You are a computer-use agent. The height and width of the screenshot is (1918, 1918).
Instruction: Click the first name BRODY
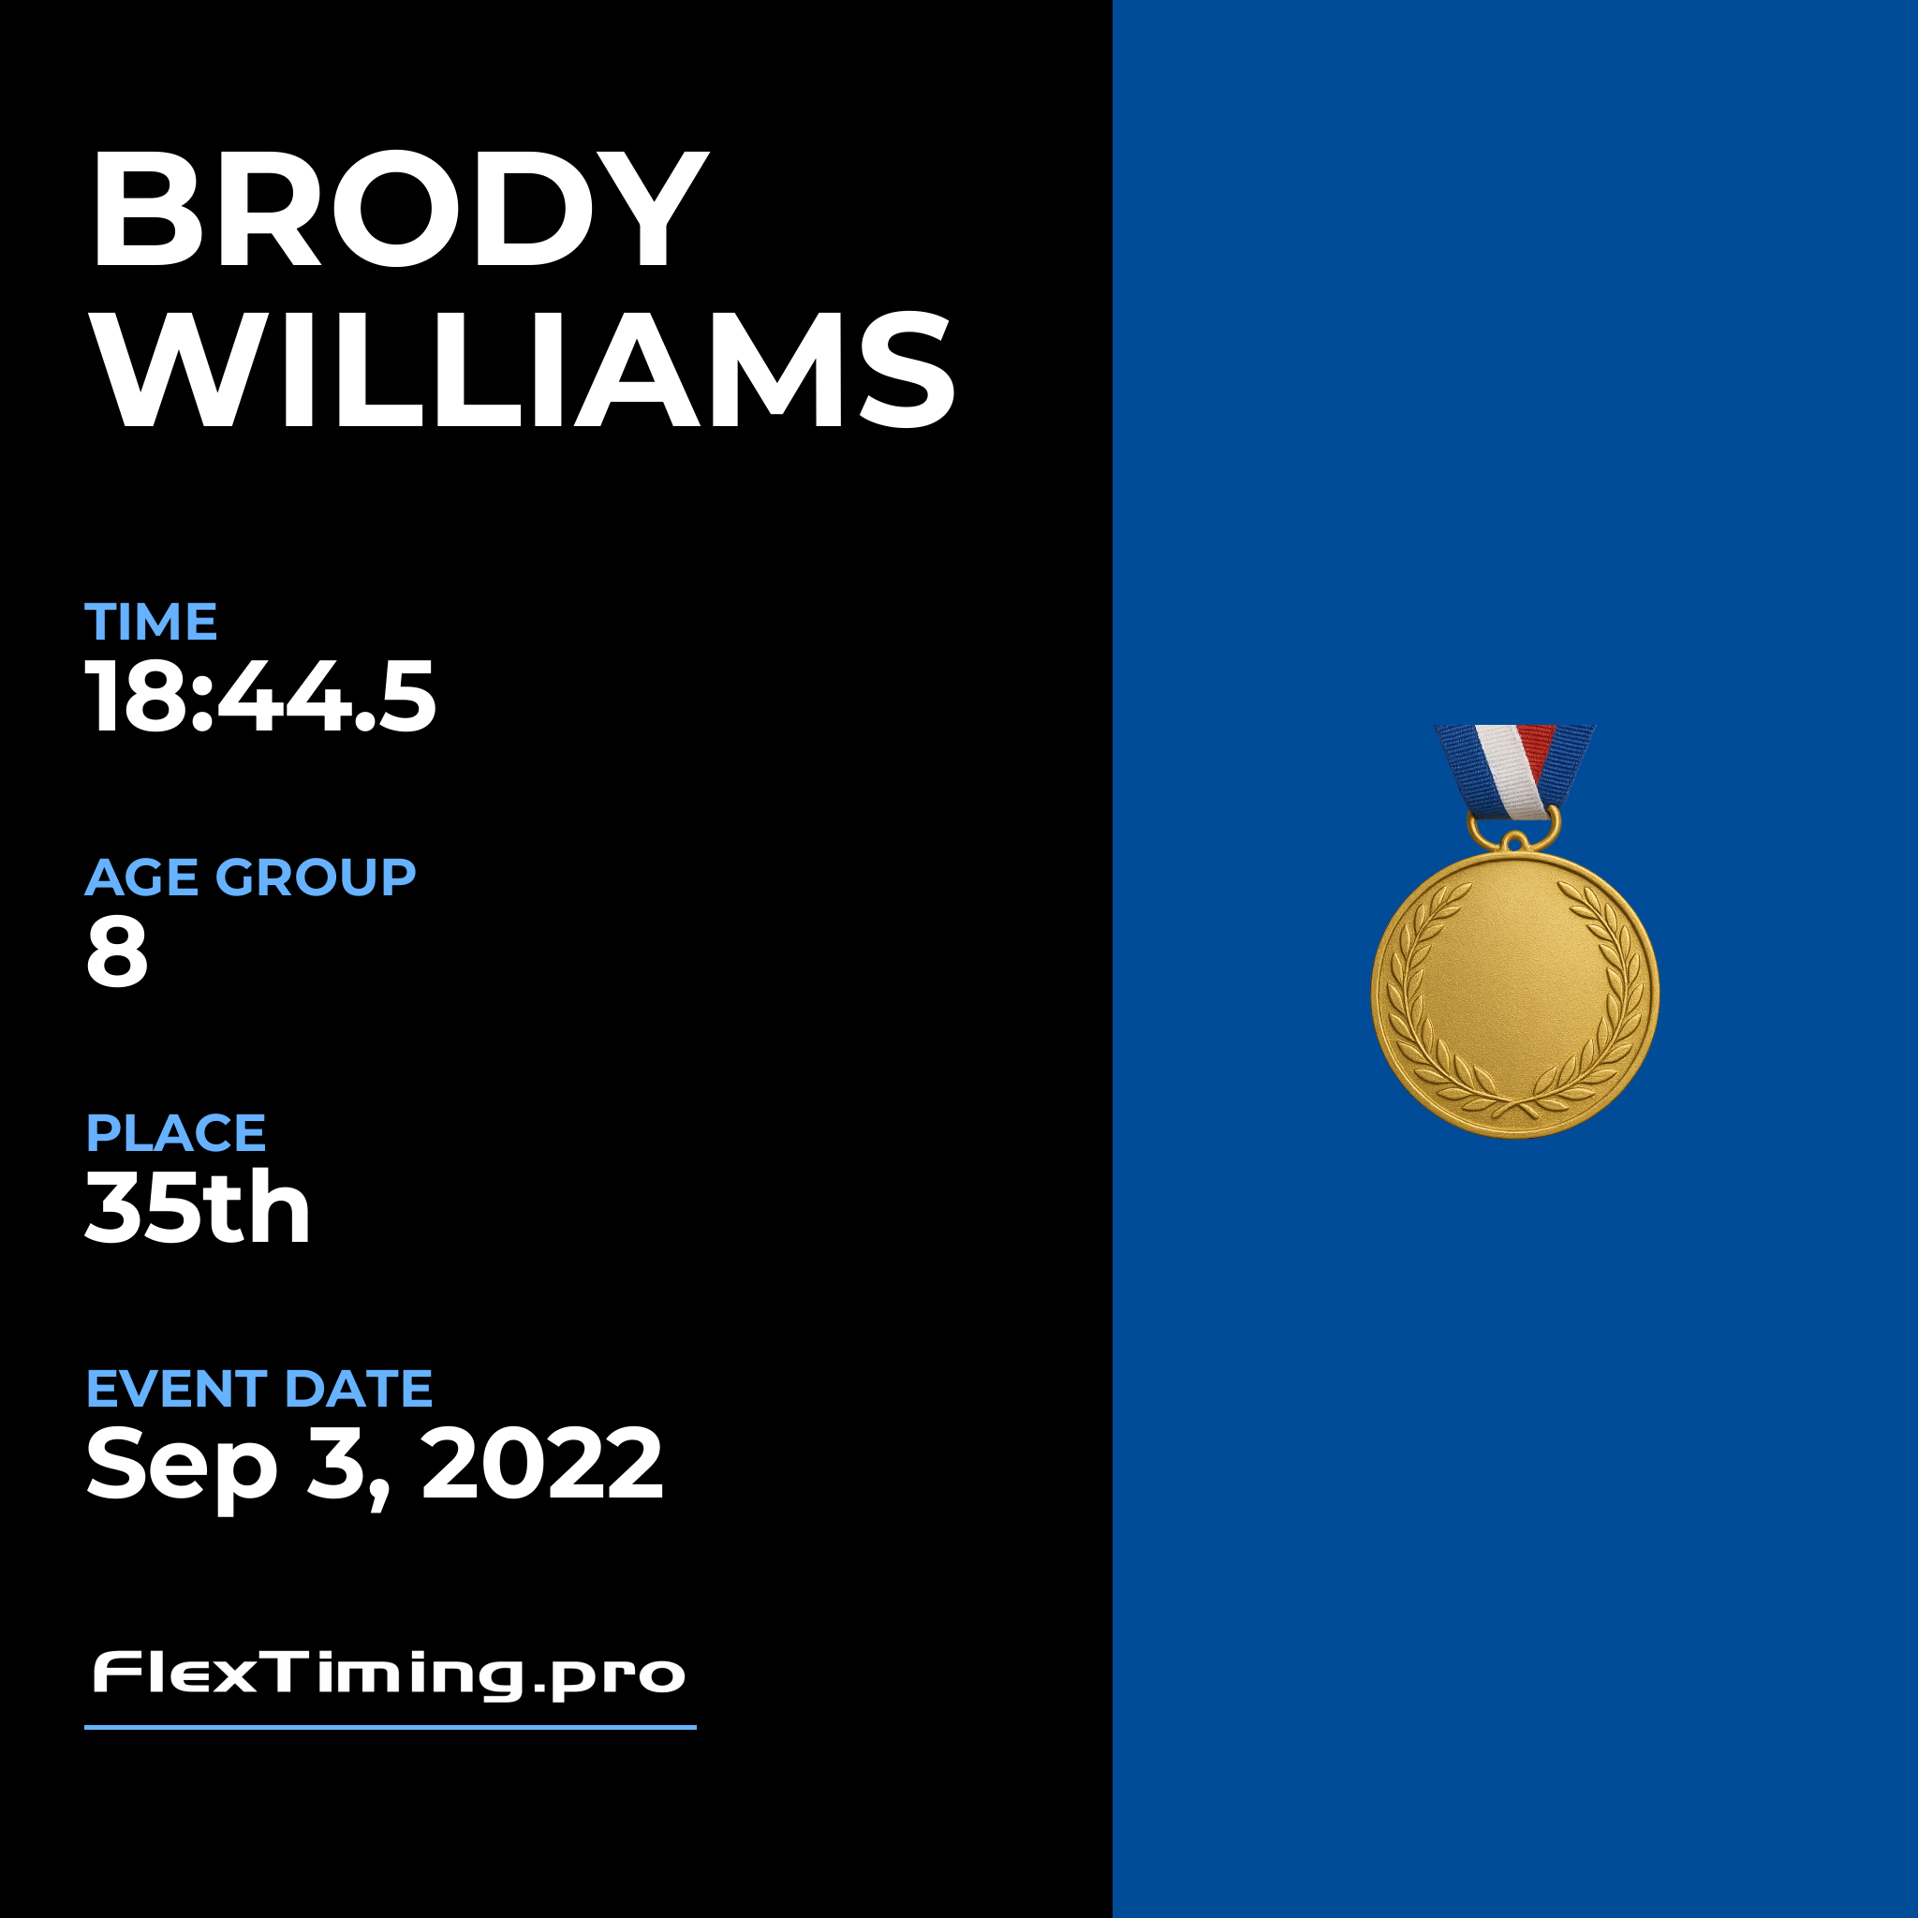pyautogui.click(x=399, y=209)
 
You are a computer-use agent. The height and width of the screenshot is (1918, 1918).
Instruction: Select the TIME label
pyautogui.click(x=151, y=622)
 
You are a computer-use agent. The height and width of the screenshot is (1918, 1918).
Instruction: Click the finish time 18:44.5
pyautogui.click(x=261, y=697)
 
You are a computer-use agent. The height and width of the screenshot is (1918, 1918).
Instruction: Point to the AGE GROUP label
pyautogui.click(x=250, y=878)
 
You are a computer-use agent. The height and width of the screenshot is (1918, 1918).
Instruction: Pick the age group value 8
pyautogui.click(x=117, y=952)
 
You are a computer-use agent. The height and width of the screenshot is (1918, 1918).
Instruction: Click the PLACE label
pyautogui.click(x=176, y=1133)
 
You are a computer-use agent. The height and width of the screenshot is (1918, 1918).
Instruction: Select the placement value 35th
pyautogui.click(x=198, y=1206)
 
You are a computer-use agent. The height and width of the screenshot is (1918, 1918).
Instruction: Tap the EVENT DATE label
pyautogui.click(x=259, y=1388)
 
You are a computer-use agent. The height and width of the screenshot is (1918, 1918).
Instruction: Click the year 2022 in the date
pyautogui.click(x=542, y=1462)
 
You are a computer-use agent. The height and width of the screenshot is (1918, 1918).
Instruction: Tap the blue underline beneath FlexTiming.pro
pyautogui.click(x=391, y=1727)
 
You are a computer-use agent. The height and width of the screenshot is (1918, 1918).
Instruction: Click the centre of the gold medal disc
pyautogui.click(x=1515, y=994)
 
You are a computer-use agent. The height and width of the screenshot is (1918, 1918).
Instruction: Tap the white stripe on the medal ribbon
pyautogui.click(x=1508, y=771)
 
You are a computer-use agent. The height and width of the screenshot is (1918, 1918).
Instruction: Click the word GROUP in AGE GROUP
pyautogui.click(x=316, y=878)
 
